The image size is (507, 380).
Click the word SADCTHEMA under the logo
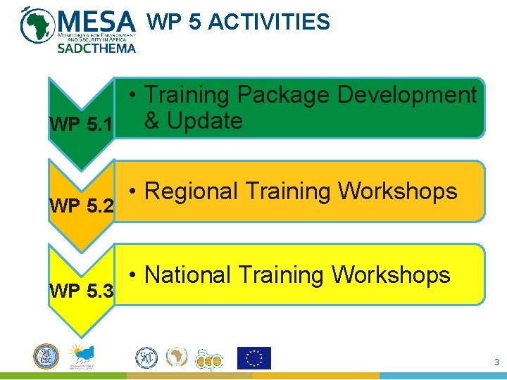click(96, 49)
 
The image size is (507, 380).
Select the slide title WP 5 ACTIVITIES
click(238, 23)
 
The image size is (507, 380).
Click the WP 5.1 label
click(80, 125)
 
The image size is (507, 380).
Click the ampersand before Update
click(152, 121)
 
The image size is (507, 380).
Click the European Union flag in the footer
click(254, 358)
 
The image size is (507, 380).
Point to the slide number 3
click(496, 362)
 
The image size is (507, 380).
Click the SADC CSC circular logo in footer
click(46, 356)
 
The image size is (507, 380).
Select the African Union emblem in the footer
click(177, 358)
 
